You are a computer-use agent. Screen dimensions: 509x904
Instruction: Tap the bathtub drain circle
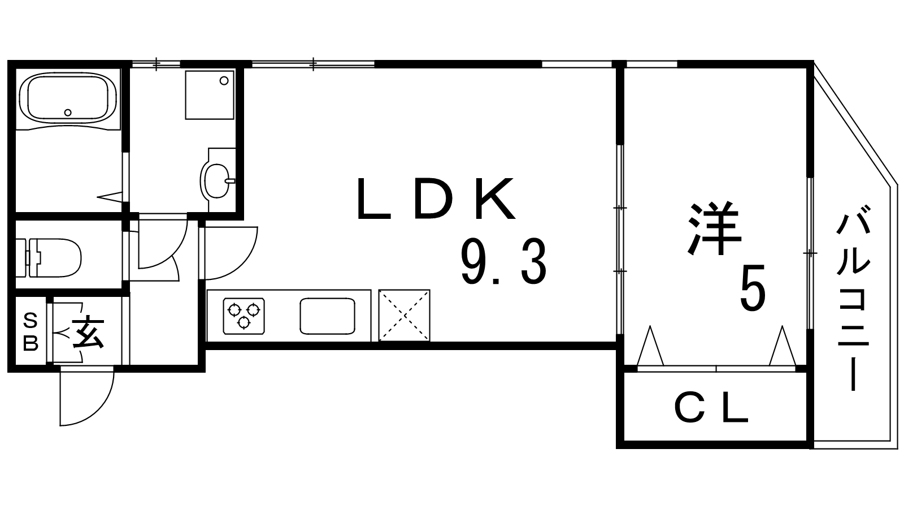click(68, 112)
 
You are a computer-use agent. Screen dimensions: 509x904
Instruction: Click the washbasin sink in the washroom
click(215, 180)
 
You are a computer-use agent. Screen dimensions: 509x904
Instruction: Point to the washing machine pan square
click(209, 94)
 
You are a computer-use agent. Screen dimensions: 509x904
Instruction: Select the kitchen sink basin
click(327, 316)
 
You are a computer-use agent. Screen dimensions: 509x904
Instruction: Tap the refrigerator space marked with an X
click(404, 316)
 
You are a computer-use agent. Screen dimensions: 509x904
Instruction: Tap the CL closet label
click(711, 408)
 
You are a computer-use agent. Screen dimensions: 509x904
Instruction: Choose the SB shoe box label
click(31, 332)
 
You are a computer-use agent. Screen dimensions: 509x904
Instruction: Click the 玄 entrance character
click(88, 333)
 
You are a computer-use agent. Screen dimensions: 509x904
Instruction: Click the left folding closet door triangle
click(651, 346)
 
